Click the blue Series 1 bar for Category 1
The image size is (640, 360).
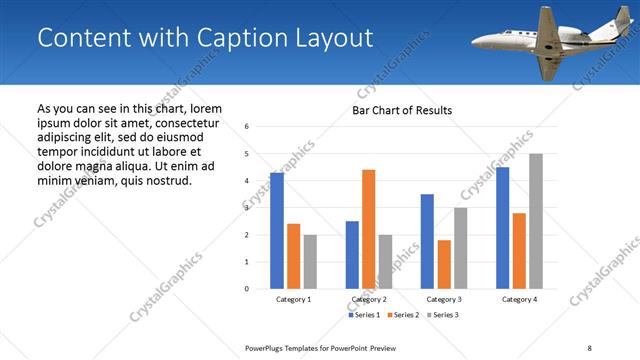coord(277,231)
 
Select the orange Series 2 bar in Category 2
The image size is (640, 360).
coord(368,229)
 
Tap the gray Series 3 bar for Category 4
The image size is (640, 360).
coord(536,221)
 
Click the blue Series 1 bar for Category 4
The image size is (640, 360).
coord(502,228)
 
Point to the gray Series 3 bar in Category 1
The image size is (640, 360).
coord(310,262)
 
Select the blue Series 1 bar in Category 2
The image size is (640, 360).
coord(352,255)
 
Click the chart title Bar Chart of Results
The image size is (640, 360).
coord(402,110)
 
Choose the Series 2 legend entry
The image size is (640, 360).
coord(403,316)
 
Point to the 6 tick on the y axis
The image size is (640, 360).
coord(246,126)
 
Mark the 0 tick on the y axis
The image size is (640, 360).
coord(246,289)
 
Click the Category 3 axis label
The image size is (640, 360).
coord(444,299)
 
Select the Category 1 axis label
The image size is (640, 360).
coord(293,299)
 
